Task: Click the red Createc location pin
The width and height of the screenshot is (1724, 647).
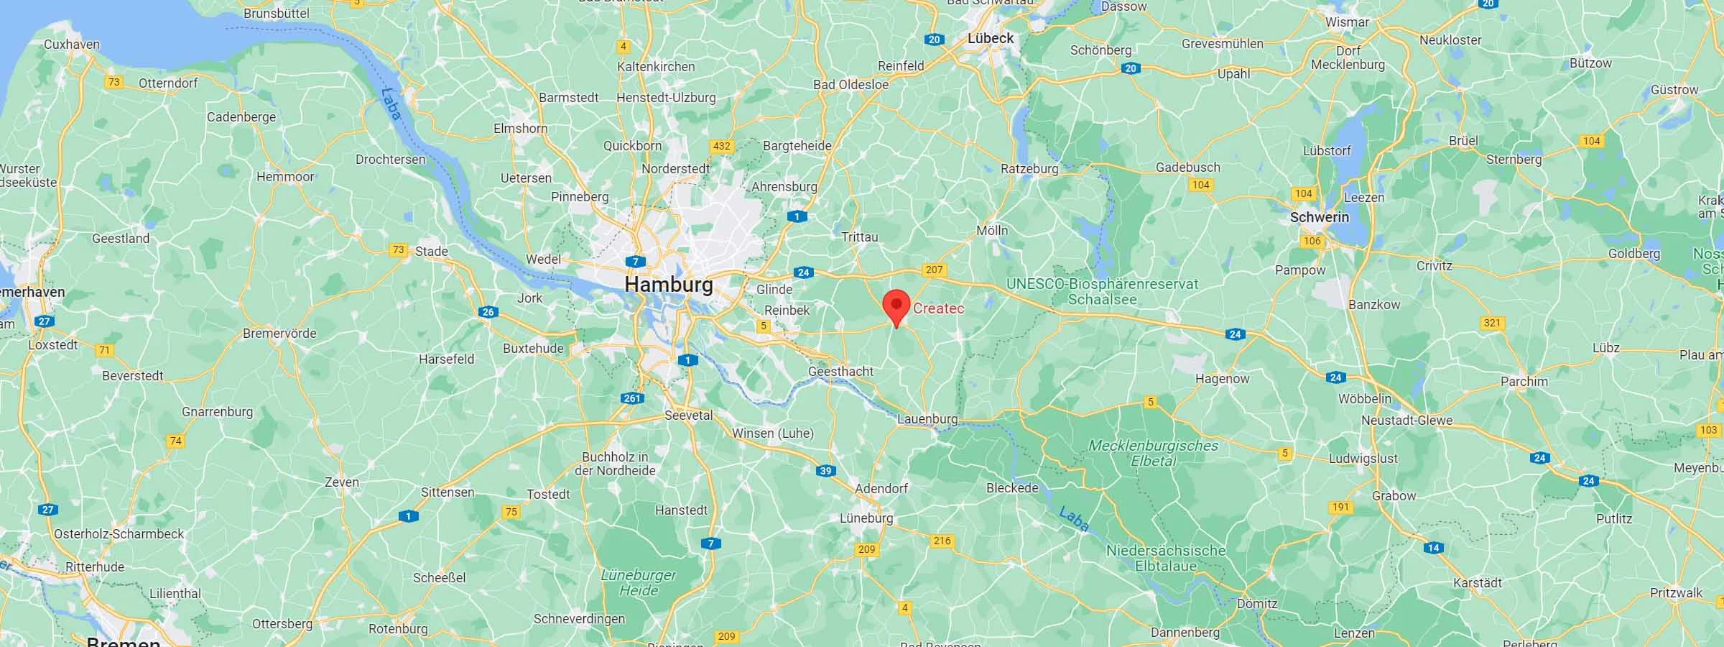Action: point(896,306)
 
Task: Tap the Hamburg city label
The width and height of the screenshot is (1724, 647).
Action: point(669,285)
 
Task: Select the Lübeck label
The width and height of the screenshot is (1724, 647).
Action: point(991,38)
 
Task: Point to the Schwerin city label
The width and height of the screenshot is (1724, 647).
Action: point(1320,217)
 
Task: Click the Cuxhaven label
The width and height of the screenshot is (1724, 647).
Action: point(72,45)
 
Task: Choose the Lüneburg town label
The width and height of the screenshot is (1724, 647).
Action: point(866,518)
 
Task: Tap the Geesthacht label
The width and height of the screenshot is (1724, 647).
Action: point(841,372)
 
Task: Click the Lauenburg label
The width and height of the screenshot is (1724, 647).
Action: point(927,419)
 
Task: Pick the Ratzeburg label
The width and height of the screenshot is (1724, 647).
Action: point(1029,169)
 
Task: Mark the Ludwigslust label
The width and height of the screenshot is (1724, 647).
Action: point(1363,459)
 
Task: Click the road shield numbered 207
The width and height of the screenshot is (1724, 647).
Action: point(934,270)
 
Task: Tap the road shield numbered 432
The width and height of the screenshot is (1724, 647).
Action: point(721,146)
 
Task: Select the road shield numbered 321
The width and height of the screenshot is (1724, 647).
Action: point(1493,323)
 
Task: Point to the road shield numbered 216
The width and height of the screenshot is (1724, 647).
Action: point(942,541)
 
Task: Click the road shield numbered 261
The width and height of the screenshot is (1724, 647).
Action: point(633,398)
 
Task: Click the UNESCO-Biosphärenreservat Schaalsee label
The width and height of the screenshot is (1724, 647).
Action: point(1102,291)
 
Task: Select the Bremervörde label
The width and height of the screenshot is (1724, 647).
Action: point(279,334)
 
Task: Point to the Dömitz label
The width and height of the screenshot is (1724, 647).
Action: point(1257,605)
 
